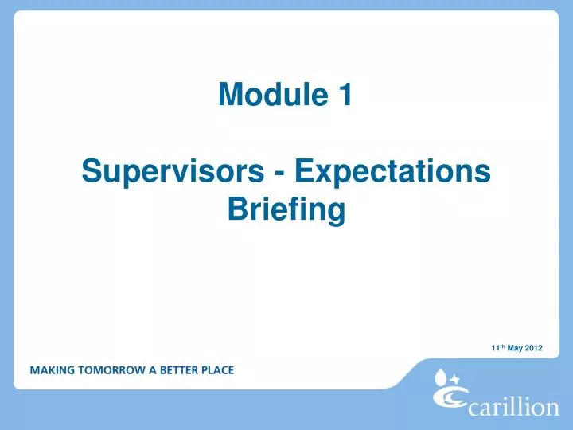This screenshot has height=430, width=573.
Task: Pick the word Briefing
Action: tap(286, 210)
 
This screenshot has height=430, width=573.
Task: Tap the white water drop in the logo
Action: tap(441, 375)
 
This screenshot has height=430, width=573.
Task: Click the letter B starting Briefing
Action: tap(236, 210)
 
